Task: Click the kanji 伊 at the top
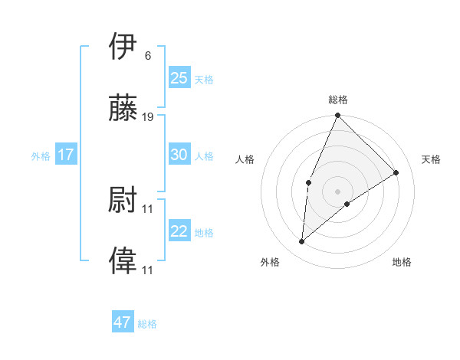coord(123,46)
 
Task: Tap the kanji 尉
coord(123,200)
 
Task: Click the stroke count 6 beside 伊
coord(148,55)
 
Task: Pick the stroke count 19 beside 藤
coord(148,117)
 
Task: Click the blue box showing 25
coord(179,77)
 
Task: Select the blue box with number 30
coord(179,155)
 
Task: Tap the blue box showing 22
coord(179,231)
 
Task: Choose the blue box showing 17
coord(66,155)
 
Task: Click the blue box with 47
coord(123,322)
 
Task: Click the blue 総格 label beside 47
coord(147,324)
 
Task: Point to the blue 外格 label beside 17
coord(41,156)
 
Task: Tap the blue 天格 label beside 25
coord(204,79)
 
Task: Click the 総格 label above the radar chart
coord(338,100)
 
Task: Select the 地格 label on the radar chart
coord(402,262)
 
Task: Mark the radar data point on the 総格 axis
coord(338,116)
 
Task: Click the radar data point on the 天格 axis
coord(396,172)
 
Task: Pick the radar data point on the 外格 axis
coord(302,242)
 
